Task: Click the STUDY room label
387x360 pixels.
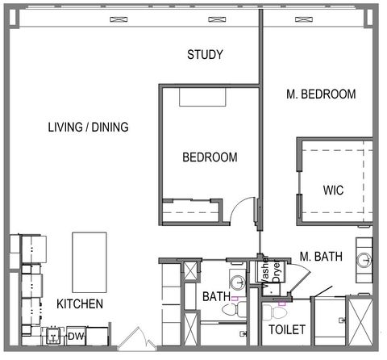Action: point(205,55)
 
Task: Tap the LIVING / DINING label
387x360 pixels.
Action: point(88,127)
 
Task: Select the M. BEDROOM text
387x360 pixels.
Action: point(321,94)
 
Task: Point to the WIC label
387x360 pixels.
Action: point(334,191)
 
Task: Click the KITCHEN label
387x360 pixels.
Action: point(79,304)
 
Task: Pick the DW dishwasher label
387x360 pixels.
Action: point(75,336)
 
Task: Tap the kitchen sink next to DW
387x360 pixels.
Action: point(54,335)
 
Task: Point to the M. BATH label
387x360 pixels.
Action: point(321,257)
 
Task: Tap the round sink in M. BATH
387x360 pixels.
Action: point(364,260)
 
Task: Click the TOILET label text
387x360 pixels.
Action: point(286,329)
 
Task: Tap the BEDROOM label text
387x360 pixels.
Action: point(209,157)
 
